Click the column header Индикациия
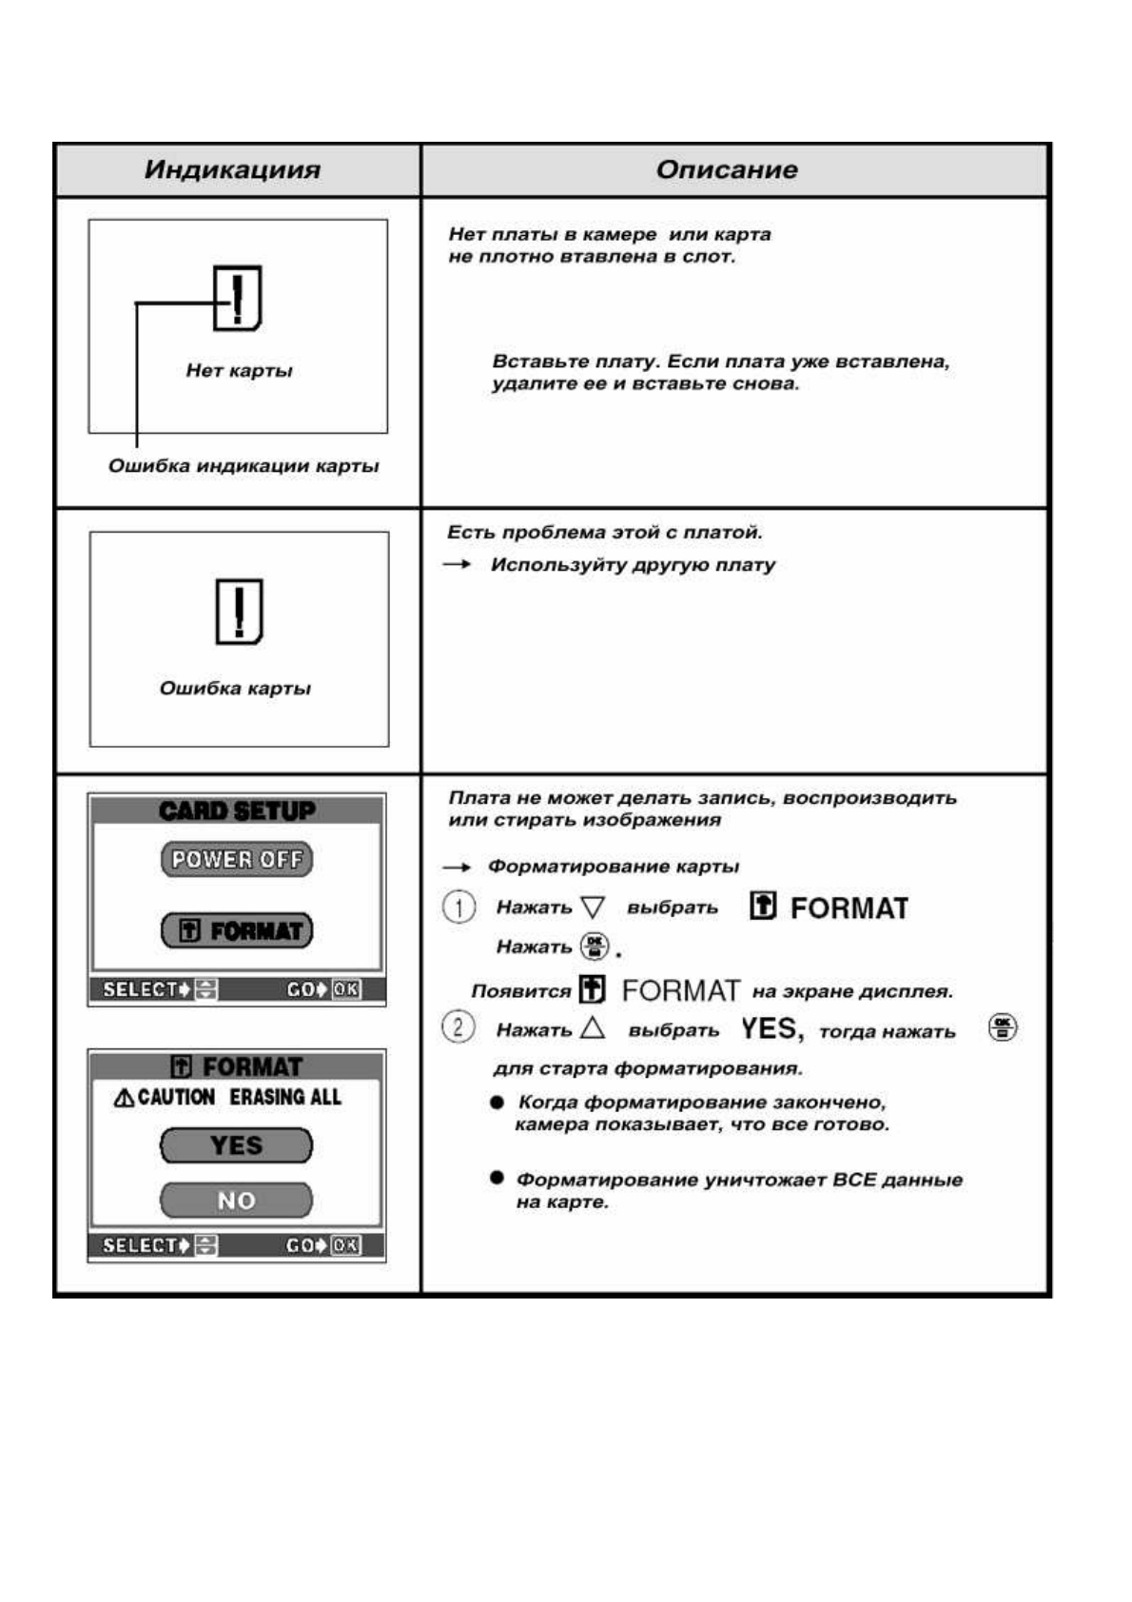pos(232,170)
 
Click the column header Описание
pos(726,170)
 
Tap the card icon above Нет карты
pos(237,298)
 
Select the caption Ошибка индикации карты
pos(244,466)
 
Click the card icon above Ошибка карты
pos(239,611)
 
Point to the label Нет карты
pos(239,371)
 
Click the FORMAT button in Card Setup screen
pos(237,930)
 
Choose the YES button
pos(236,1145)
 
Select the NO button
pos(236,1201)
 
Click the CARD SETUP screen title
pos(237,811)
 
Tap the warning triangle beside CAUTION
pos(124,1098)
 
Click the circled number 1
pos(459,907)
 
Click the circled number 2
pos(459,1027)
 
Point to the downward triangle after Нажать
pos(593,907)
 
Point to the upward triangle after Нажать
pos(593,1027)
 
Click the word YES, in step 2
pos(771,1029)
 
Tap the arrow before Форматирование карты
pos(457,867)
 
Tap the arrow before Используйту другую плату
pos(458,565)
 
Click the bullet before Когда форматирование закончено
pos(497,1103)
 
